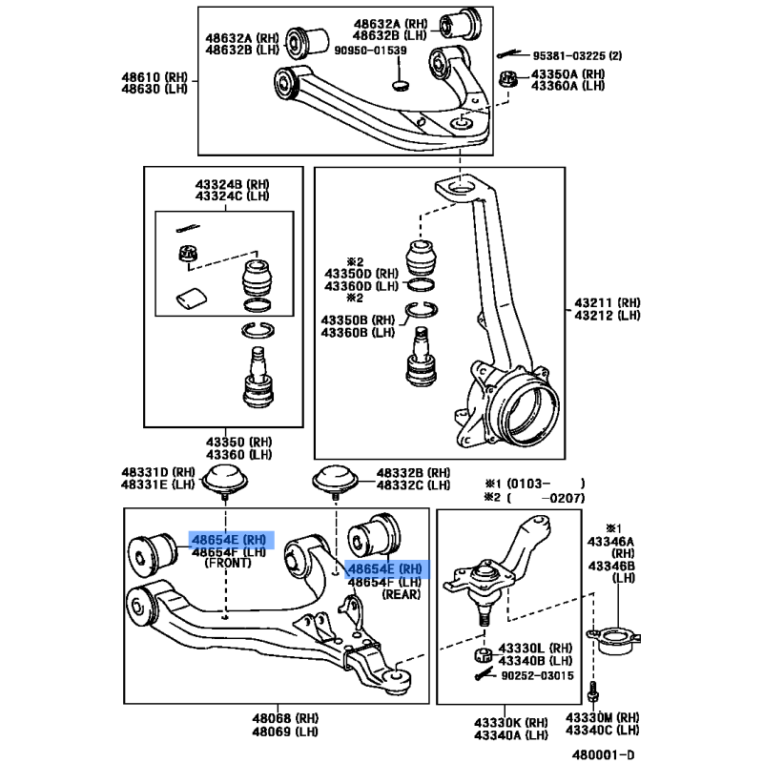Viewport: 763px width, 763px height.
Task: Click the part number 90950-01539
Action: click(370, 51)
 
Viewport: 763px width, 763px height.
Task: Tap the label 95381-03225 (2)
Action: click(577, 55)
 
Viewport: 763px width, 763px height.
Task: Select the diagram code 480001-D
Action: click(604, 754)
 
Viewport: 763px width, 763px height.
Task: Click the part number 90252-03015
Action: click(537, 675)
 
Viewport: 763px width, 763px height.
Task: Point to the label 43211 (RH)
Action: click(608, 302)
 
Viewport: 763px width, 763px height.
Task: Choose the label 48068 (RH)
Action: click(285, 718)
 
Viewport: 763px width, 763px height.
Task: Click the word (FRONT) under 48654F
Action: click(228, 563)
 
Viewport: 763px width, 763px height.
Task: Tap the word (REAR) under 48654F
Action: click(402, 594)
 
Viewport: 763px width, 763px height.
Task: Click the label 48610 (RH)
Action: click(155, 77)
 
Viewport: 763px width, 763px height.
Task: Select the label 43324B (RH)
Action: click(232, 184)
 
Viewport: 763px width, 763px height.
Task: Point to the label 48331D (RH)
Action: click(158, 472)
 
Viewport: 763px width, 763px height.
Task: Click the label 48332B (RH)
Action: click(414, 472)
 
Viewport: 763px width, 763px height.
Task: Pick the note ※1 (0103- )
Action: click(534, 484)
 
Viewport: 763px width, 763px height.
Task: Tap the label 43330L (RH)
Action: click(535, 649)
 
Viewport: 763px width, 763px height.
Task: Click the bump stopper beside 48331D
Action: click(225, 481)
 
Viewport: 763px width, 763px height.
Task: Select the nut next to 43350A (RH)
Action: click(508, 79)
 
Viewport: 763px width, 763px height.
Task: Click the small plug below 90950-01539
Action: click(401, 86)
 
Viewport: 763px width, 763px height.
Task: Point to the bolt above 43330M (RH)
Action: click(592, 691)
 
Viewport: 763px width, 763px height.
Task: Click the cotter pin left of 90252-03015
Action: click(485, 675)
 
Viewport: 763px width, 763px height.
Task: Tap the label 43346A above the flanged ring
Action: click(610, 542)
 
